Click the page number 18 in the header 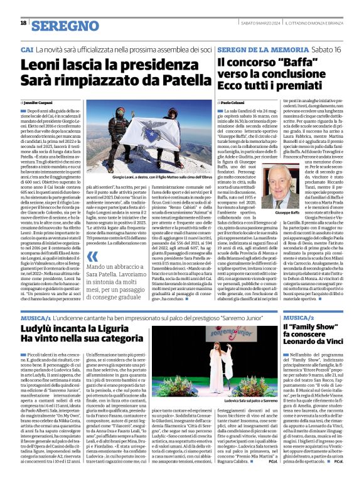coord(23,23)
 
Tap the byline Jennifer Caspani coord(39,102)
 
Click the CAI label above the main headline coord(27,49)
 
